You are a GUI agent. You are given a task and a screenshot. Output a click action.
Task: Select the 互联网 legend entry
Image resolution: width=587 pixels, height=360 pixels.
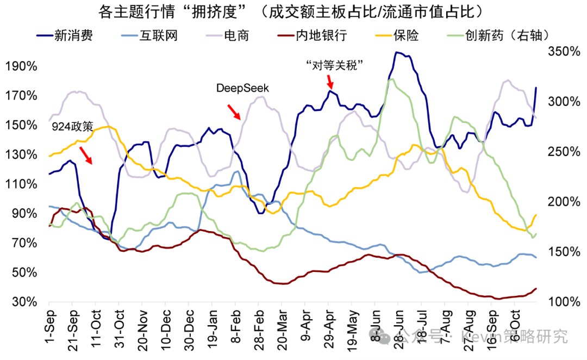pyautogui.click(x=158, y=36)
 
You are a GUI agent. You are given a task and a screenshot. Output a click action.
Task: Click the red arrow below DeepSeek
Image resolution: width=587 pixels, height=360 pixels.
pyautogui.click(x=234, y=111)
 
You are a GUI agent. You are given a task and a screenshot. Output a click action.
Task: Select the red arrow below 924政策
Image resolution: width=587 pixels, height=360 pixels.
pyautogui.click(x=85, y=155)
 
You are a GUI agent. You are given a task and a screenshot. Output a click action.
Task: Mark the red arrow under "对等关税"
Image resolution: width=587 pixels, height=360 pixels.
pyautogui.click(x=330, y=82)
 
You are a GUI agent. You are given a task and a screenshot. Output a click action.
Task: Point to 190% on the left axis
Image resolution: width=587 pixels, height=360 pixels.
pyautogui.click(x=21, y=66)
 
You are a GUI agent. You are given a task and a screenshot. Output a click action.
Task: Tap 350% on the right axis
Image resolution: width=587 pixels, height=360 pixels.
pyautogui.click(x=565, y=51)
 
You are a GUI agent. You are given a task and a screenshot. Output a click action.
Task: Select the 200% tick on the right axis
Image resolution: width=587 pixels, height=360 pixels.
pyautogui.click(x=565, y=202)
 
